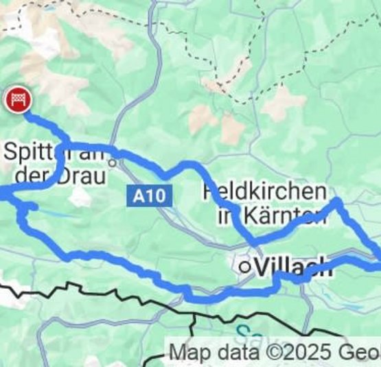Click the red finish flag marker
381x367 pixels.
16,100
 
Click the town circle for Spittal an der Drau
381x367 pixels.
118,163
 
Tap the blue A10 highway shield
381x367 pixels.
148,197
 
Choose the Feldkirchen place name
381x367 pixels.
264,191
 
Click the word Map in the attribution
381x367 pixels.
187,353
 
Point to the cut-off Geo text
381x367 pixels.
360,353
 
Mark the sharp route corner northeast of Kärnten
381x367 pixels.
337,202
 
